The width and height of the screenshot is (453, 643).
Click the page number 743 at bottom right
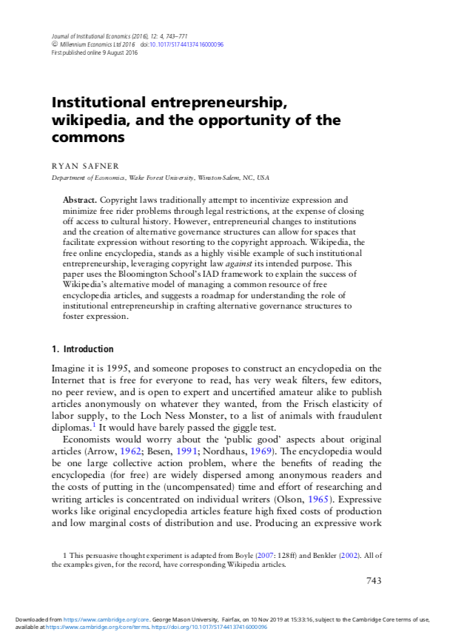[374, 581]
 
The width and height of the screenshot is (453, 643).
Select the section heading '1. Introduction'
[83, 349]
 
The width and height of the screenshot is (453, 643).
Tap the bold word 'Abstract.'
[79, 201]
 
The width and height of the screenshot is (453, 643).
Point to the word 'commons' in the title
[87, 137]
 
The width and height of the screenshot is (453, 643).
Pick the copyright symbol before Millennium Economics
[54, 44]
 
